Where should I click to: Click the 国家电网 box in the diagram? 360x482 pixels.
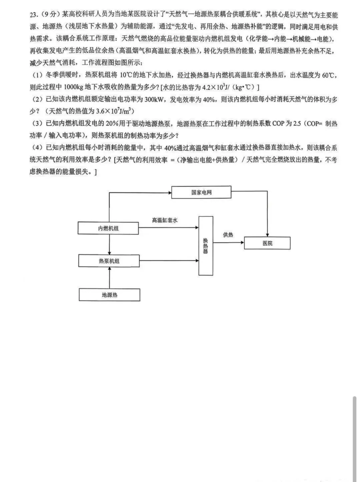click(x=201, y=193)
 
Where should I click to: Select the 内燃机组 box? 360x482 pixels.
click(x=108, y=229)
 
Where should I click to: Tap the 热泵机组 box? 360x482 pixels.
click(x=109, y=261)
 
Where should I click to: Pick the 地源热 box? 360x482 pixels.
click(x=109, y=295)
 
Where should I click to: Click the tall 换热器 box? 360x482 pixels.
click(x=205, y=246)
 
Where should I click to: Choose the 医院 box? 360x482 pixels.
click(x=267, y=243)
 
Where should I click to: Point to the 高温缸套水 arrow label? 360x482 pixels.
click(x=165, y=220)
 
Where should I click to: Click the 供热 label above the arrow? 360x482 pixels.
click(x=228, y=235)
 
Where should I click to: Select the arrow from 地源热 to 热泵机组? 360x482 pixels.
click(x=109, y=278)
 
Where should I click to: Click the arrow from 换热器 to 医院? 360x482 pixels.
click(x=228, y=243)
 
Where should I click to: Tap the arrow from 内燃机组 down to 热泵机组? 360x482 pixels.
click(x=109, y=244)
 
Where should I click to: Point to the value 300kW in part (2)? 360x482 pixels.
click(x=154, y=99)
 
